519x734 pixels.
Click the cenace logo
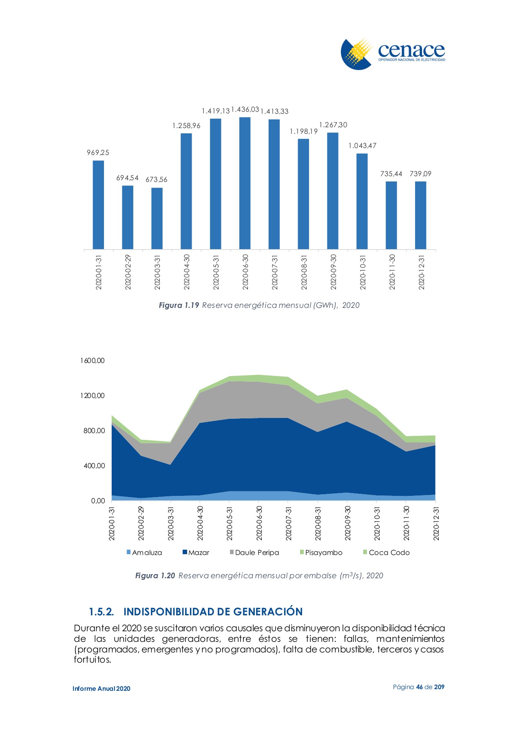393,54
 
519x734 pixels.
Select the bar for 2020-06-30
245,183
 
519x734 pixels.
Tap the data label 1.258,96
186,126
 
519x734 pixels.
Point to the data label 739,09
420,174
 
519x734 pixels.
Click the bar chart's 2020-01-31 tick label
99,272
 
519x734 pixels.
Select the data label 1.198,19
303,131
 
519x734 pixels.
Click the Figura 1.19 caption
259,305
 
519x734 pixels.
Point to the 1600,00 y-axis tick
93,360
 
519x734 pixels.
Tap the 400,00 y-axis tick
94,466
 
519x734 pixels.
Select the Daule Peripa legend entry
254,553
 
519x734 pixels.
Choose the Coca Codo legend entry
386,553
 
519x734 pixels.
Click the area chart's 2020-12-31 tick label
437,523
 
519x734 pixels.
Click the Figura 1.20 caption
259,575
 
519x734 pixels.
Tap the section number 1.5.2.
101,612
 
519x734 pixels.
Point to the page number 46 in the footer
420,687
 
